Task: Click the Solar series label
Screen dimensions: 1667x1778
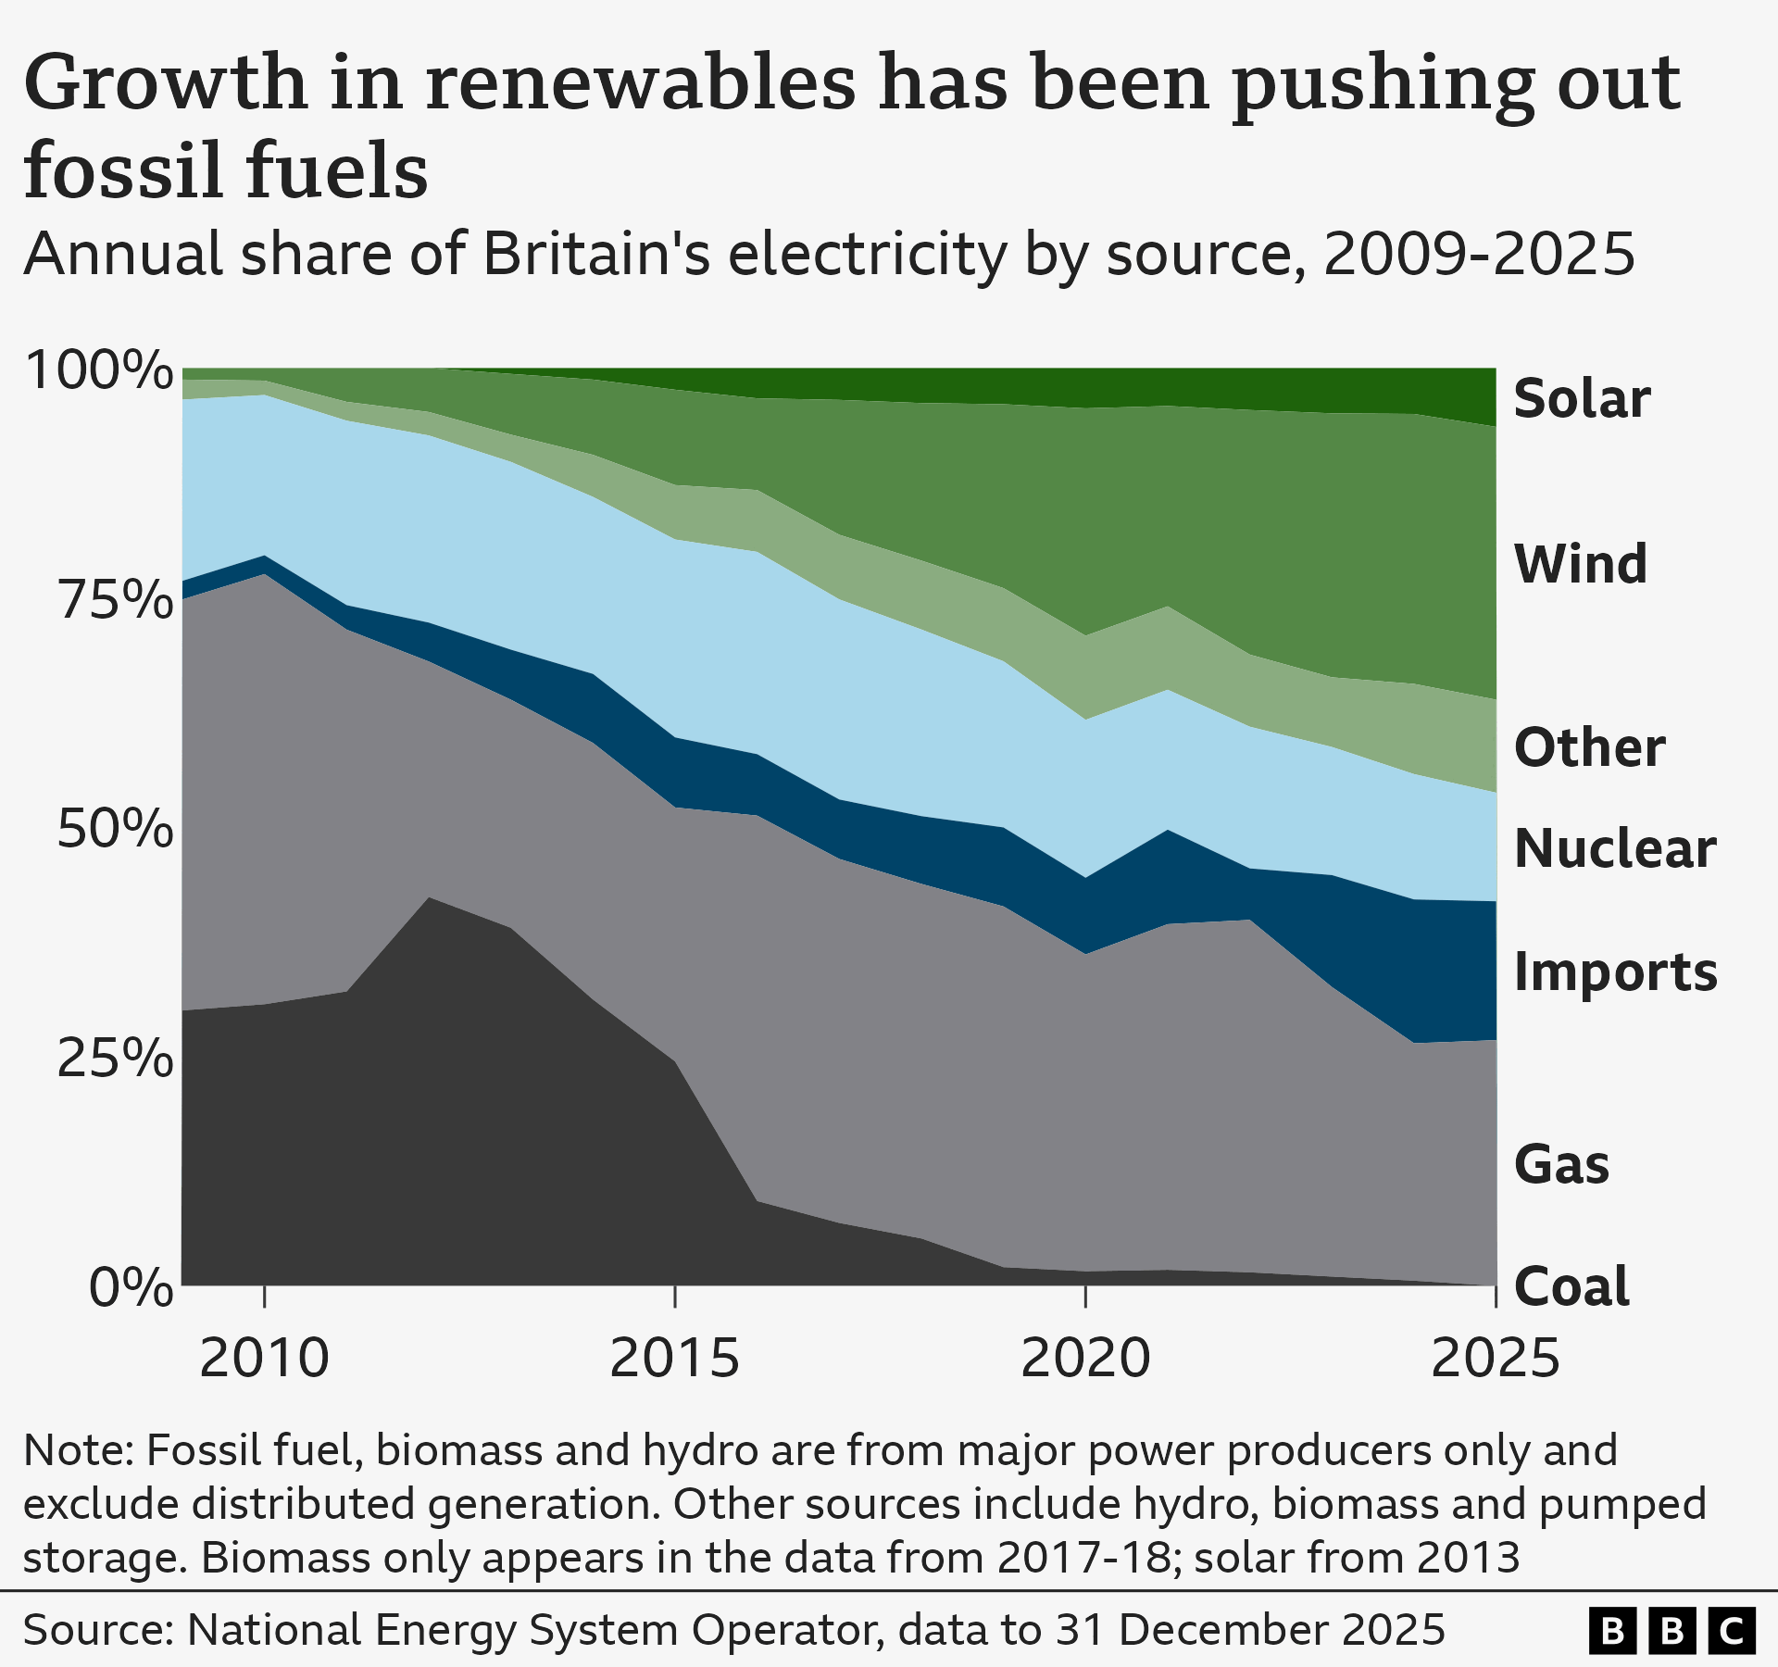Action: click(1582, 399)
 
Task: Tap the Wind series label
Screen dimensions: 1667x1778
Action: click(1580, 564)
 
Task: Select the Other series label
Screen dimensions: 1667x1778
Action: click(1589, 747)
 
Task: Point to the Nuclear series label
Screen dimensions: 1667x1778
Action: click(1615, 848)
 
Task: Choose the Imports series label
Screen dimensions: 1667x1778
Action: click(1615, 971)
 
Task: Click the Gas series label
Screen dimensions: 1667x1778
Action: click(1561, 1164)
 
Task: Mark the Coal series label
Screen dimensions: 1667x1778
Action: click(1571, 1286)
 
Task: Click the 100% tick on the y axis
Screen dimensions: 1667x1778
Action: click(99, 371)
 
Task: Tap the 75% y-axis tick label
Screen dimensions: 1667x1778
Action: click(115, 601)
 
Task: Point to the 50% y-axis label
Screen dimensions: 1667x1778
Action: click(115, 830)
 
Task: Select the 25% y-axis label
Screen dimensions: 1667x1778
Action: click(115, 1059)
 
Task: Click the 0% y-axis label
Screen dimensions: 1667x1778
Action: click(131, 1288)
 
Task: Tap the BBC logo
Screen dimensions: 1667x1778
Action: click(1672, 1630)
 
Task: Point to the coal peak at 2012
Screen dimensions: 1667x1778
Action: click(430, 898)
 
